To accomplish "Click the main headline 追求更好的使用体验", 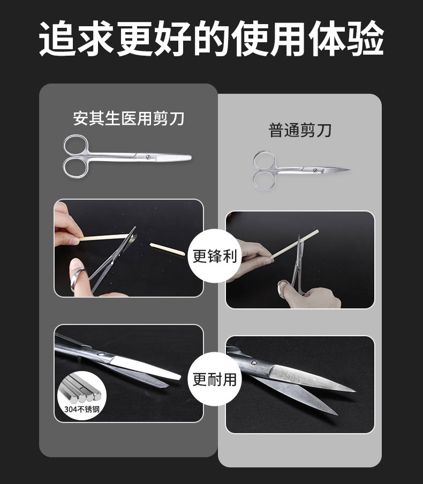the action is [x=211, y=38].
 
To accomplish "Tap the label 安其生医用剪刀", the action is [x=129, y=118].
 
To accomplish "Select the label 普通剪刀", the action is [x=300, y=130].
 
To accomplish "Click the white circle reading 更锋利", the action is [x=214, y=256].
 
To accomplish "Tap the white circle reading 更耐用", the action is [x=214, y=380].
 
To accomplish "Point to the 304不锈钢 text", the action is [x=82, y=409].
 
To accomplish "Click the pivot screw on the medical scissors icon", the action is [x=148, y=157].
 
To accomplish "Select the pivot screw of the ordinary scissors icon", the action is [x=315, y=170].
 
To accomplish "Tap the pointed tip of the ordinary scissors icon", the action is [x=349, y=170].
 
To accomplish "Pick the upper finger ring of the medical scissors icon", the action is [x=76, y=145].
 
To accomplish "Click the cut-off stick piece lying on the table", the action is [x=168, y=249].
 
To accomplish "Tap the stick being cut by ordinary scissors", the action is [x=294, y=244].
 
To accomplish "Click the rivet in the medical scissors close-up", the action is [x=100, y=354].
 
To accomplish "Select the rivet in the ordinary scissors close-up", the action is [x=254, y=362].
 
